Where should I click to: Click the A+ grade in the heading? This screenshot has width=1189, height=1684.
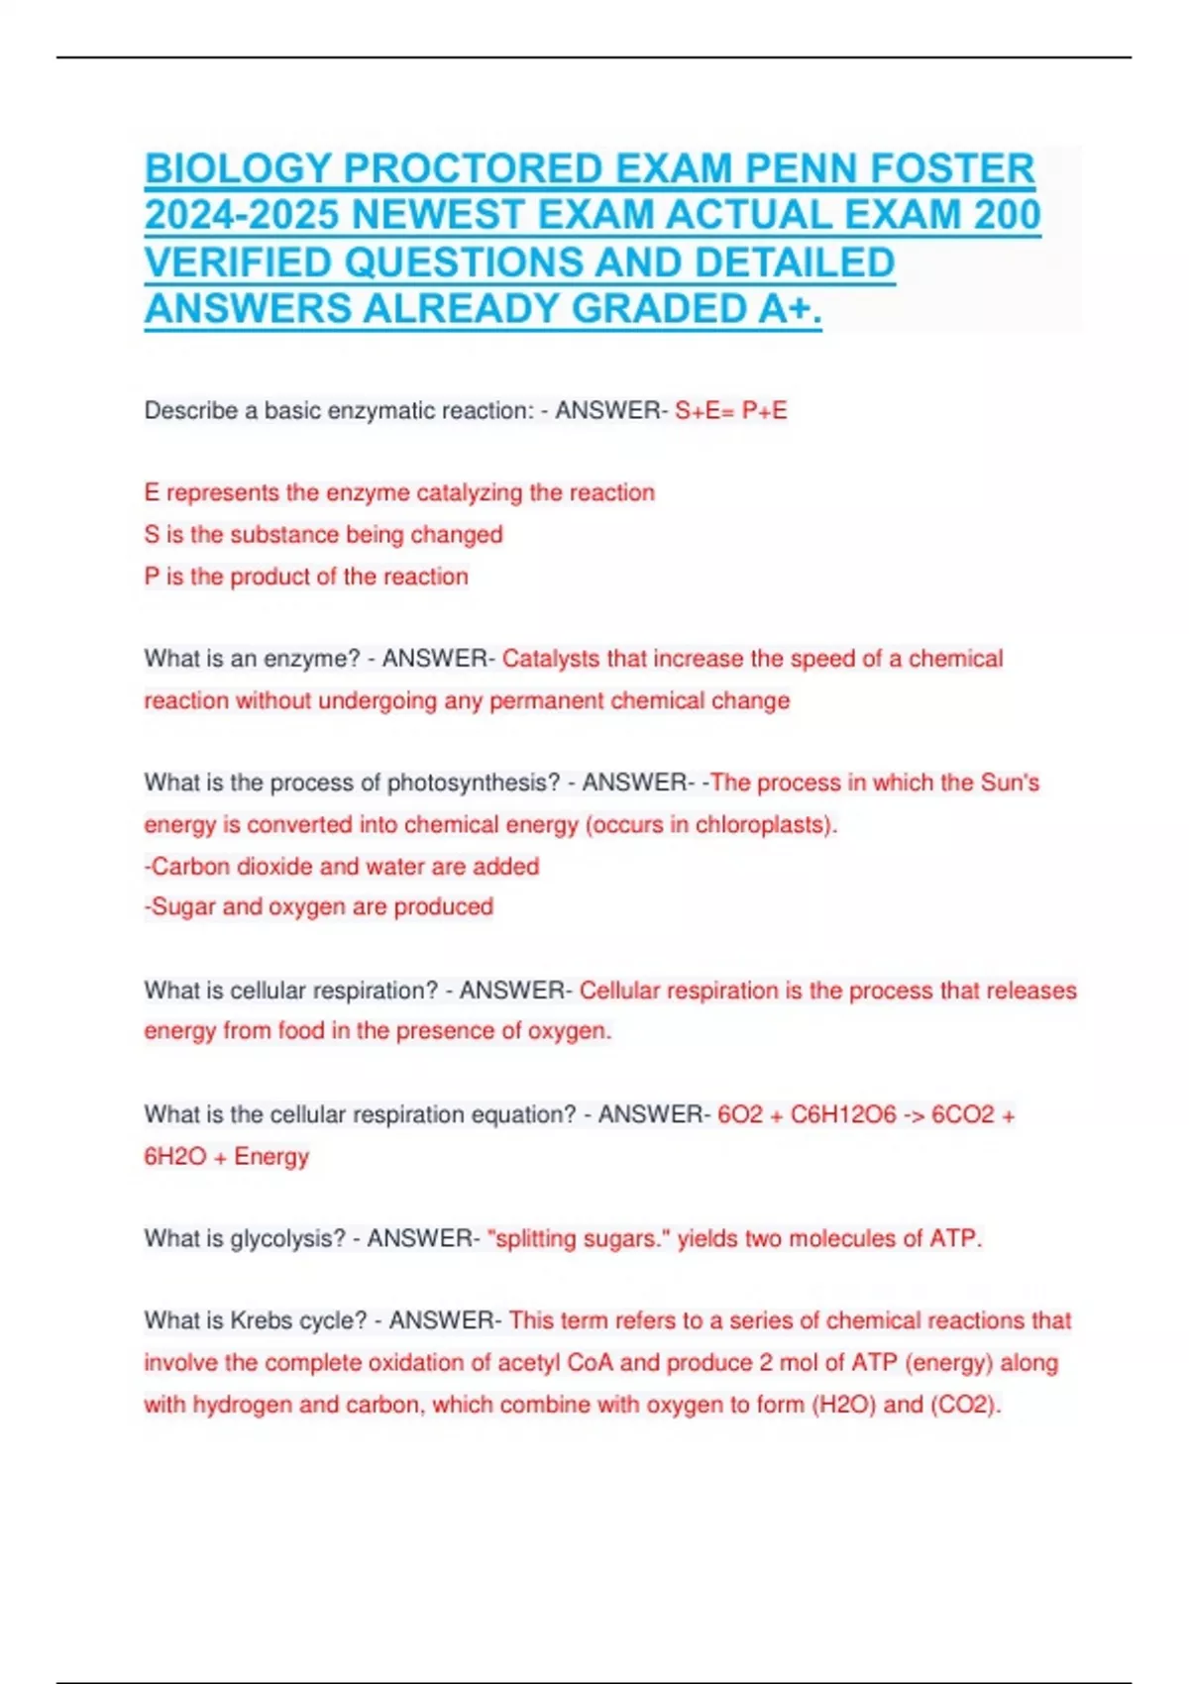pyautogui.click(x=789, y=309)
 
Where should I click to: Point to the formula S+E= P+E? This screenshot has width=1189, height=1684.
pyautogui.click(x=731, y=411)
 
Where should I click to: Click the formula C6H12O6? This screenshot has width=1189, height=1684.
pyautogui.click(x=843, y=1114)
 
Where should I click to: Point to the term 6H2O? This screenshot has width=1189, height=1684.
pyautogui.click(x=172, y=1156)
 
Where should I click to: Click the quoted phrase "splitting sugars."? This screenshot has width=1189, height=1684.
pyautogui.click(x=581, y=1238)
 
